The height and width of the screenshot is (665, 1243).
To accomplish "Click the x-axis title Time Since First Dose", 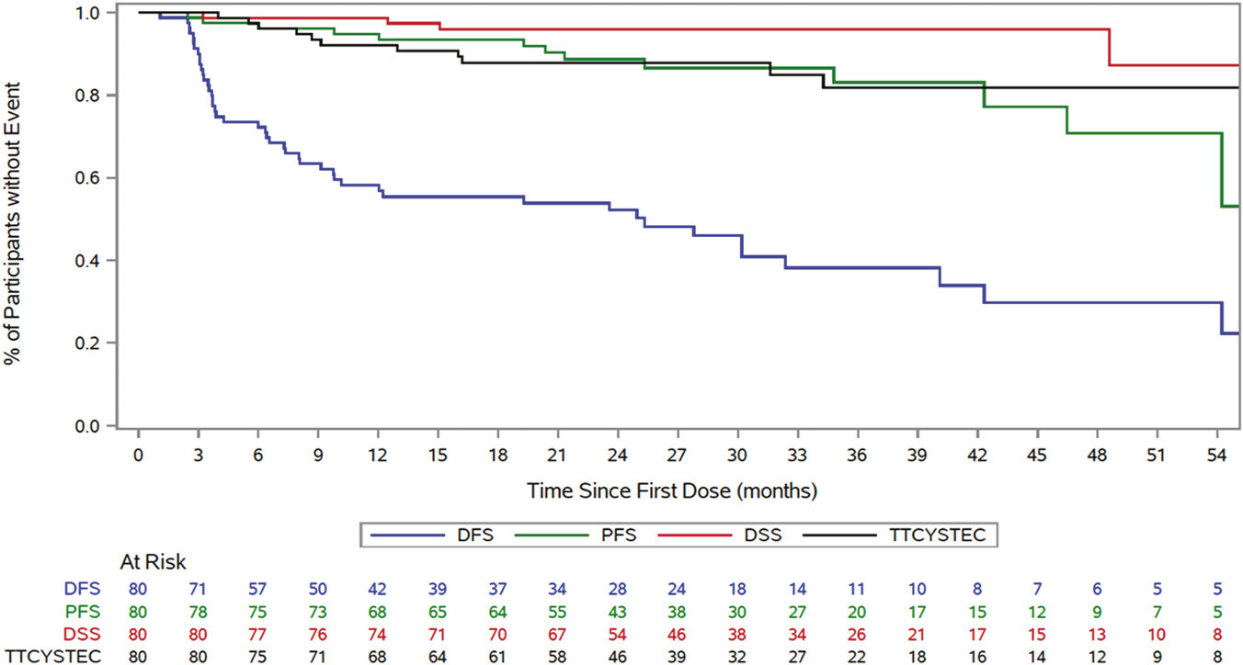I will (671, 490).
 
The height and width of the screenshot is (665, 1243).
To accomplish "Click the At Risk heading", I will (154, 561).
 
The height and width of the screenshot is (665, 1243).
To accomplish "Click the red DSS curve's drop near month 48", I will (1111, 48).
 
